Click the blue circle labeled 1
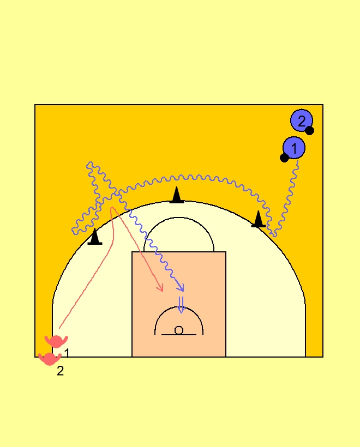point(294,147)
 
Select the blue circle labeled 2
point(302,120)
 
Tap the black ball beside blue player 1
point(284,158)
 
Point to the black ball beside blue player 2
point(309,130)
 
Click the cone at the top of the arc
point(176,196)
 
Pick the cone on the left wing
point(95,237)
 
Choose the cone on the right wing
point(259,219)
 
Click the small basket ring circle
point(179,330)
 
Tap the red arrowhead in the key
point(161,288)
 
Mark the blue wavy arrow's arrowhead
point(182,288)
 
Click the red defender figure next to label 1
point(56,341)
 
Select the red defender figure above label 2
point(50,359)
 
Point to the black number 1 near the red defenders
point(67,353)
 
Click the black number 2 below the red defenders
point(60,372)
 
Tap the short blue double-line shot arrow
point(181,304)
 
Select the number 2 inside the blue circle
point(302,120)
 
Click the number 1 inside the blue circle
point(294,147)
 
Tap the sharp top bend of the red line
point(112,208)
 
